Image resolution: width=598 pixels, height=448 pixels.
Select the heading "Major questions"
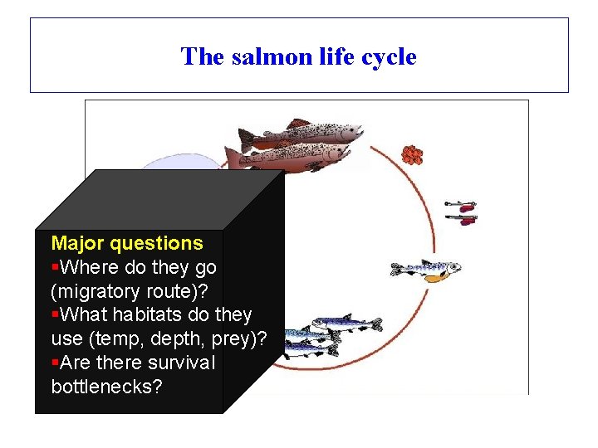127,243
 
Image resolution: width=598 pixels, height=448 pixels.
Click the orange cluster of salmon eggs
412,155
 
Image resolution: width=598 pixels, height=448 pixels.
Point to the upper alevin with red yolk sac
460,203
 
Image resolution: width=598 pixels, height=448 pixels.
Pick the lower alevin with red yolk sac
462,219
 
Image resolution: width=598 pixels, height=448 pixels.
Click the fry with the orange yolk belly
425,270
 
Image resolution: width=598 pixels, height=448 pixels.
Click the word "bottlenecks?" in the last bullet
106,387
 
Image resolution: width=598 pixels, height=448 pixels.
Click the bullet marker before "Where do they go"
55,268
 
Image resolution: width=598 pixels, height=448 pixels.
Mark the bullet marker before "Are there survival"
55,363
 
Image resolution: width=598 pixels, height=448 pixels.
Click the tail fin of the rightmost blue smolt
375,324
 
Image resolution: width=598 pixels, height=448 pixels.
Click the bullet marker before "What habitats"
55,315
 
